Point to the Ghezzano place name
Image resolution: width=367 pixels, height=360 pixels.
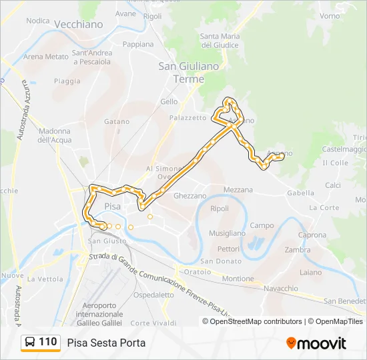pyautogui.click(x=190, y=196)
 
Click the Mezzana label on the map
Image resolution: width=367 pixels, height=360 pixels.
pyautogui.click(x=238, y=190)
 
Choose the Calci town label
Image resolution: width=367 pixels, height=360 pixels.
pyautogui.click(x=333, y=185)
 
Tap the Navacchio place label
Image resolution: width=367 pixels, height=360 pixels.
pyautogui.click(x=281, y=288)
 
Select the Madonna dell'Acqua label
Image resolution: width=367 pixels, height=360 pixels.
pyautogui.click(x=54, y=135)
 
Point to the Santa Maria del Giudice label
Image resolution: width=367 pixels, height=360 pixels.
pyautogui.click(x=220, y=41)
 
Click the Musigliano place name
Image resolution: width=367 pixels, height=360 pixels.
pyautogui.click(x=227, y=233)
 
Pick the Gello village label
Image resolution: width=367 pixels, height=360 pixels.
pyautogui.click(x=169, y=102)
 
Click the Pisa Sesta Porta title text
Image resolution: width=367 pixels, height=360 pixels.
pyautogui.click(x=106, y=343)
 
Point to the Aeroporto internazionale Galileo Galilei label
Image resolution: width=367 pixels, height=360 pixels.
pyautogui.click(x=99, y=314)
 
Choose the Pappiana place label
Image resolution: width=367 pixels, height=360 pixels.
pyautogui.click(x=138, y=45)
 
